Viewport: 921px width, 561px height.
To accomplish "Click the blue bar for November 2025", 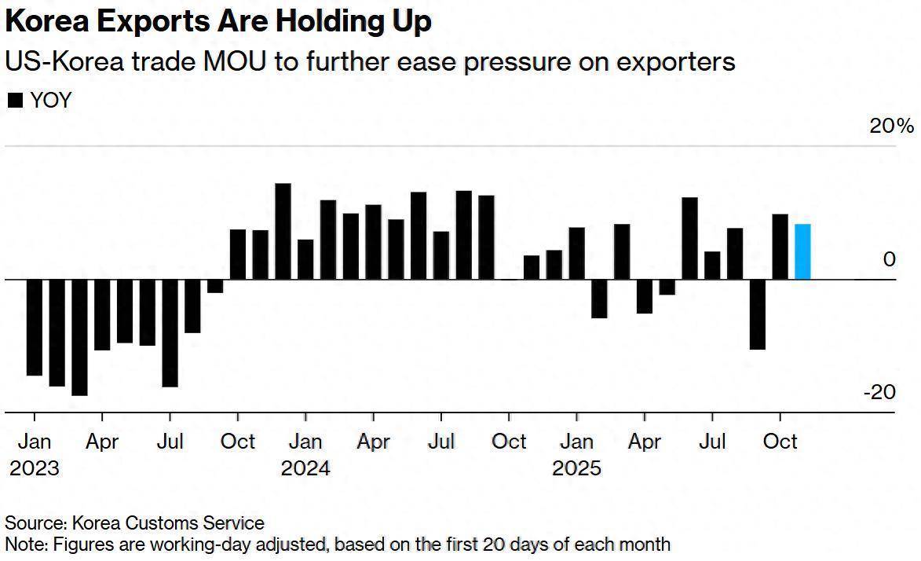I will pyautogui.click(x=802, y=251).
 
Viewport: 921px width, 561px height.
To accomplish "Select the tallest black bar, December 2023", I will pyautogui.click(x=283, y=231).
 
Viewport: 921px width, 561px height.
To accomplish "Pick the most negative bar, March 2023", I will pyautogui.click(x=79, y=337).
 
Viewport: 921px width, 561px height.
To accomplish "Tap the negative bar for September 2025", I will pyautogui.click(x=758, y=313).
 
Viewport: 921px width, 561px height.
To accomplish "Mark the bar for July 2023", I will pyautogui.click(x=170, y=333).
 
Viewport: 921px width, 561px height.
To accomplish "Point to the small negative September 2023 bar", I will pyautogui.click(x=215, y=286).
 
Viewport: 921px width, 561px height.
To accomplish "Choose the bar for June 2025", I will pyautogui.click(x=689, y=238).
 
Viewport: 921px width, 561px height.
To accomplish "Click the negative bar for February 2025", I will pyautogui.click(x=599, y=299).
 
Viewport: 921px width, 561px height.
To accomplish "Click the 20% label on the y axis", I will pyautogui.click(x=892, y=126).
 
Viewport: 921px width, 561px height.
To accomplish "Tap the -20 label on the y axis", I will pyautogui.click(x=879, y=391).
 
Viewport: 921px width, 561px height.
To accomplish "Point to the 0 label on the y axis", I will pyautogui.click(x=889, y=259).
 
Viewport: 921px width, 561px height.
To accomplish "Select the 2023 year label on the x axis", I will pyautogui.click(x=34, y=469).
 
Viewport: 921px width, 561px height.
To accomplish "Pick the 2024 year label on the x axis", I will pyautogui.click(x=305, y=469).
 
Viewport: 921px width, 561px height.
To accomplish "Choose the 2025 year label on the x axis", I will pyautogui.click(x=576, y=469).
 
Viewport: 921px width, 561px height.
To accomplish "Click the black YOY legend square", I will pyautogui.click(x=15, y=101).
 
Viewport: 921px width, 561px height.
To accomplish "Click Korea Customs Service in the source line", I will pyautogui.click(x=168, y=522).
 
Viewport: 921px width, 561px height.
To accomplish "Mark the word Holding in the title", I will pyautogui.click(x=320, y=21).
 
